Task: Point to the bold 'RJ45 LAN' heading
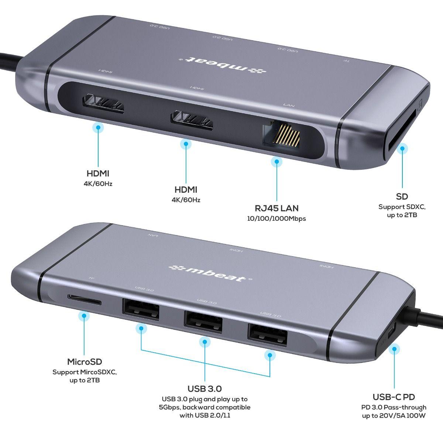point(277,208)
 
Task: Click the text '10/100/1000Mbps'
point(277,219)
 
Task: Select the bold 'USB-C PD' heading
point(394,397)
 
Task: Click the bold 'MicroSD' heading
point(85,362)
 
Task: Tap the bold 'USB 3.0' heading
point(205,389)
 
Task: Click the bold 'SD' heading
point(402,196)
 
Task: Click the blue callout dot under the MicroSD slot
point(85,316)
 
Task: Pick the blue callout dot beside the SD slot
point(402,150)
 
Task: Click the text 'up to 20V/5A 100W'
point(394,416)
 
